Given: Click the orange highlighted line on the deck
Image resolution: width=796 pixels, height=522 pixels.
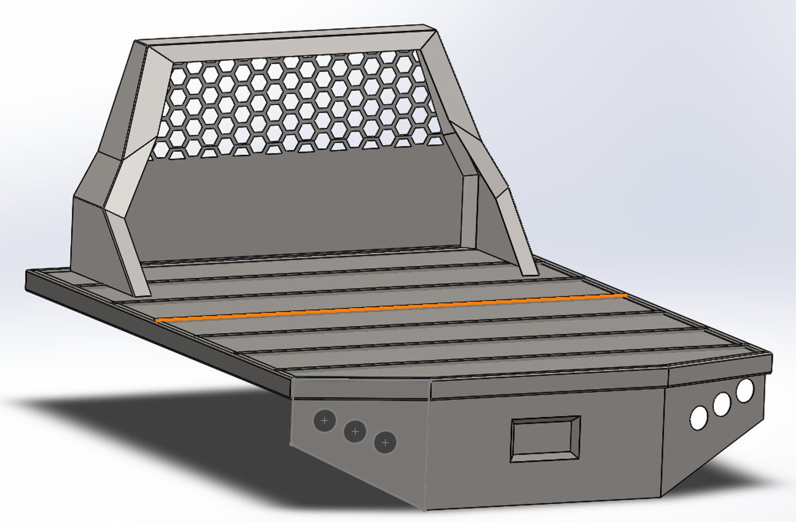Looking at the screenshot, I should tap(391, 307).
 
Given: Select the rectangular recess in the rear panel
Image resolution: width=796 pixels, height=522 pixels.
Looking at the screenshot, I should tap(545, 438).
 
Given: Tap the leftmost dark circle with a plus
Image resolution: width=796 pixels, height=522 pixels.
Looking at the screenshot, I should tap(324, 420).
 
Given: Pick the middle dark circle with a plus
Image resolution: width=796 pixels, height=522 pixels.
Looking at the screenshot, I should tap(355, 431).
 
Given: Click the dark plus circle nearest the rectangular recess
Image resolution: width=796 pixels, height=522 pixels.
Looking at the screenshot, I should tap(385, 442).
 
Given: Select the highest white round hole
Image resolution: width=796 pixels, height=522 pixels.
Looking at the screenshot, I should tap(745, 389).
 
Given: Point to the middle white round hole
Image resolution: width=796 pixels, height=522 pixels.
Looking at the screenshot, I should tap(722, 404).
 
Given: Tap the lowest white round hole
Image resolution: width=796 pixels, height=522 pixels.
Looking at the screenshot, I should tap(698, 417).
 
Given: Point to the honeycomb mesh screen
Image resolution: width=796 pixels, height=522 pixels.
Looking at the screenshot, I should tap(296, 105).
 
